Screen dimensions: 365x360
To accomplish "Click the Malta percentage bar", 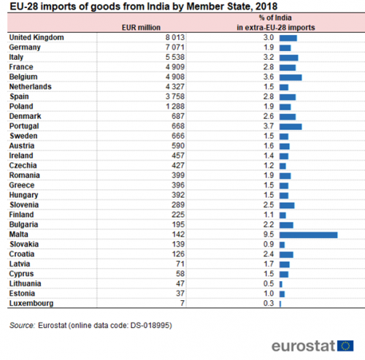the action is (x=308, y=235).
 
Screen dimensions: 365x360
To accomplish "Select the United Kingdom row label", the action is (x=36, y=37).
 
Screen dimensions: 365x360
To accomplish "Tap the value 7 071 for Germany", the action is (x=175, y=47).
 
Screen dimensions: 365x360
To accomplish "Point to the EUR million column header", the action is (x=141, y=28).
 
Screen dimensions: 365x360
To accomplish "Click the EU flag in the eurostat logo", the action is (x=345, y=345).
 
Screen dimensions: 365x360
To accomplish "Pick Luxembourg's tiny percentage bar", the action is (x=280, y=304).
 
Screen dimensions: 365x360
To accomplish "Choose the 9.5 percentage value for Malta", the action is (x=269, y=234).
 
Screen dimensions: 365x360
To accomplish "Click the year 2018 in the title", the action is (x=266, y=7).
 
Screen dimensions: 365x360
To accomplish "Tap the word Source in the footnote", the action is (x=22, y=325).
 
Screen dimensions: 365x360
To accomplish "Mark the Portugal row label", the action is (x=24, y=126).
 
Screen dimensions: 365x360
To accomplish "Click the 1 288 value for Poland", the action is (x=175, y=107).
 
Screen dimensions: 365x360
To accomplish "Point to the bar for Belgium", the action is (x=291, y=77).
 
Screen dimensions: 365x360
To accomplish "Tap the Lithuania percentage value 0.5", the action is (x=269, y=283).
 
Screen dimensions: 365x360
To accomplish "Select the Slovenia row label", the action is (x=24, y=204).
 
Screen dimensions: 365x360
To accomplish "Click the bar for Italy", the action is (x=289, y=58).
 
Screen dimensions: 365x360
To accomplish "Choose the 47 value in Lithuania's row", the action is (x=180, y=283).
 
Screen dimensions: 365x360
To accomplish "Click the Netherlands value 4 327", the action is (x=175, y=87).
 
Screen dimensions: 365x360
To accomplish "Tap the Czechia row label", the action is (x=23, y=166).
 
